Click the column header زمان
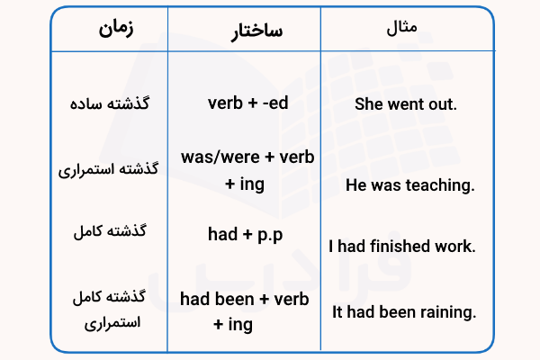point(113,30)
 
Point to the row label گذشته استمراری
point(113,169)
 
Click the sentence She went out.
point(407,104)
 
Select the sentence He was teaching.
point(409,185)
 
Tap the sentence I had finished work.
point(401,246)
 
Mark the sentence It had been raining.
point(403,313)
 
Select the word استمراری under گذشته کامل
point(113,320)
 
